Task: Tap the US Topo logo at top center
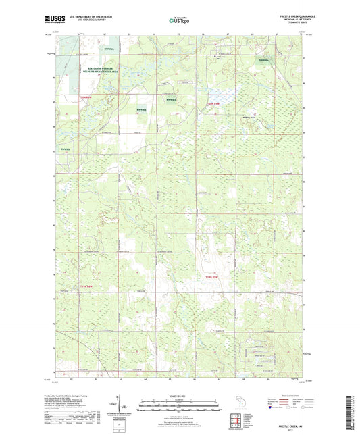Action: (179, 21)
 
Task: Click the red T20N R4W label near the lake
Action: (213, 103)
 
